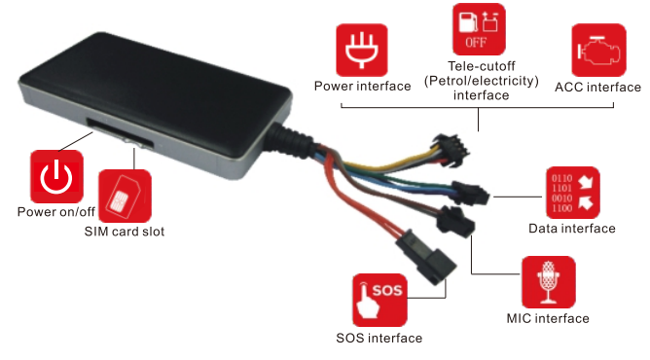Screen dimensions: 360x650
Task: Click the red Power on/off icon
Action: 56,175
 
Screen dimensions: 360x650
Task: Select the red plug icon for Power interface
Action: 362,52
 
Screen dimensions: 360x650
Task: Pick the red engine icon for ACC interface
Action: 596,52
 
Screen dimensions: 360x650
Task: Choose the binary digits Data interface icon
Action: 571,194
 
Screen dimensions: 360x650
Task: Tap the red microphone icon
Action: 548,283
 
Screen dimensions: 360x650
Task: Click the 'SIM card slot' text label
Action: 124,232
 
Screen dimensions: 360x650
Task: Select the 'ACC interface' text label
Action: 596,87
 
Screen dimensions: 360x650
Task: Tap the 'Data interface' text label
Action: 571,229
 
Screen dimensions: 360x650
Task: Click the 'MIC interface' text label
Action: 548,318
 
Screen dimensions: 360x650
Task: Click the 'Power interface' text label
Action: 362,87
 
